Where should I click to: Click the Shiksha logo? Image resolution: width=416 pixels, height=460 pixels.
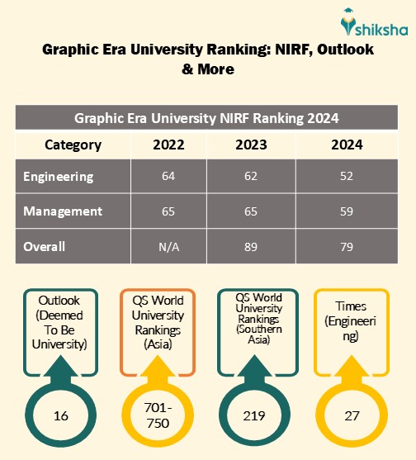point(364,20)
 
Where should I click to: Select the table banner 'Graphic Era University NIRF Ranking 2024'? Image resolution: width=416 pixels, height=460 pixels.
point(207,117)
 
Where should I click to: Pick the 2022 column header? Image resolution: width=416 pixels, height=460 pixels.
point(168,145)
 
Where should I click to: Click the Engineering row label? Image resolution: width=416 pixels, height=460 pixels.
point(59,177)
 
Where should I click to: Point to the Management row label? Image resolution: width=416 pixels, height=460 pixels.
point(63,211)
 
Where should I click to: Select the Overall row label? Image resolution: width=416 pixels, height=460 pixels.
point(45,246)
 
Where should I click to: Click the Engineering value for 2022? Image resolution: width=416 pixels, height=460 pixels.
point(168,177)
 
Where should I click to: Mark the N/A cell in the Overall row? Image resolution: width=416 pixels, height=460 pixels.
point(168,246)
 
